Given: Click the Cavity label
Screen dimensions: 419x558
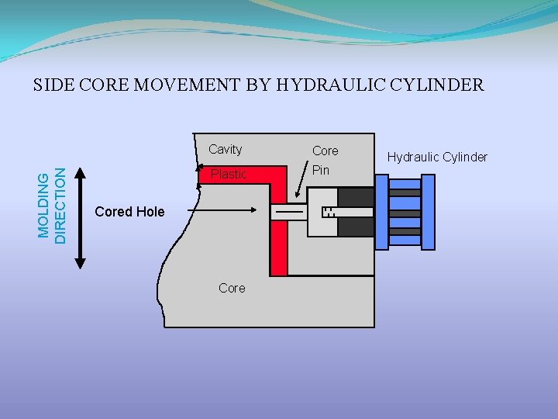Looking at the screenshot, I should click(225, 149).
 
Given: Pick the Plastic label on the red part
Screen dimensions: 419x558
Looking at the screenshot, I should click(228, 174).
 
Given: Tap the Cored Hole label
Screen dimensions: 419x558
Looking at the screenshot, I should click(129, 211).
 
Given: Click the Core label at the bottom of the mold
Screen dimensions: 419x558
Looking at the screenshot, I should click(232, 288).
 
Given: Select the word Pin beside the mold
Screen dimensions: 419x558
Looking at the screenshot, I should click(321, 170).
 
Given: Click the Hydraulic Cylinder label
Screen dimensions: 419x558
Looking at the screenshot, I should click(437, 158).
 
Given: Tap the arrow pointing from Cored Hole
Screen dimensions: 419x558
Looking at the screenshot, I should click(225, 209).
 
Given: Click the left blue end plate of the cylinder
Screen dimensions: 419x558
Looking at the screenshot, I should click(381, 212).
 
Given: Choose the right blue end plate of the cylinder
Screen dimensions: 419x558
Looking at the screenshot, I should click(427, 212).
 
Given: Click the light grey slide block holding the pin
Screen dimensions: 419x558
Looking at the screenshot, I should click(322, 212).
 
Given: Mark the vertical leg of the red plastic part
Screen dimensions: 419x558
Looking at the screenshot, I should click(278, 233).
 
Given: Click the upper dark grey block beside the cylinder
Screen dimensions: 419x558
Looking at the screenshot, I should click(356, 198).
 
